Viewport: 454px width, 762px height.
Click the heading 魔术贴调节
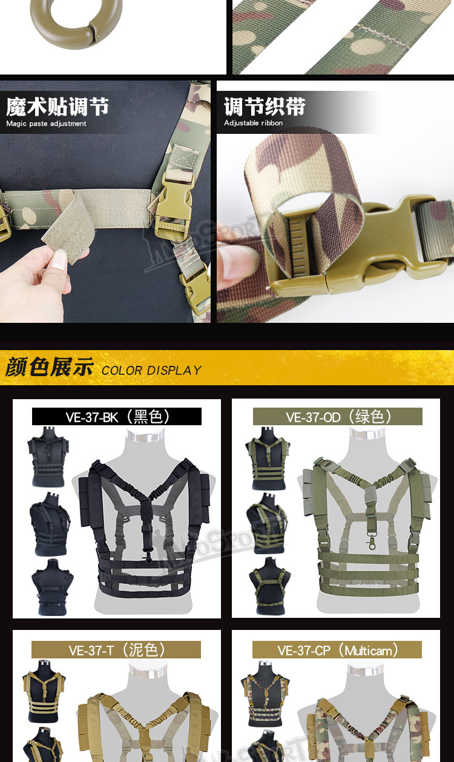point(58,107)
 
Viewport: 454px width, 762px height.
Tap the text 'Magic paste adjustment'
point(46,124)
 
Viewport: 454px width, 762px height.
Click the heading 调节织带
point(265,107)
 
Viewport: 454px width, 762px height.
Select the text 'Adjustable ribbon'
point(253,123)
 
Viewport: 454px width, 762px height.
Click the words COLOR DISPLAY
point(151,370)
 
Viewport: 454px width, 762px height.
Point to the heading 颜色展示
point(50,368)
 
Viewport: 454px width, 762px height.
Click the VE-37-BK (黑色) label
point(117,417)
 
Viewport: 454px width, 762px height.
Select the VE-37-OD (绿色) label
point(338,417)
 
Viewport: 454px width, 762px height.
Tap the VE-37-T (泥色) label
point(116,650)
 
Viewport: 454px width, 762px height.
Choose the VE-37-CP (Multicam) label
point(337,650)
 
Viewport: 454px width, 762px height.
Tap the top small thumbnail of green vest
point(267,457)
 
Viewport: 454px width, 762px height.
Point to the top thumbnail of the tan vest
point(44,691)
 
